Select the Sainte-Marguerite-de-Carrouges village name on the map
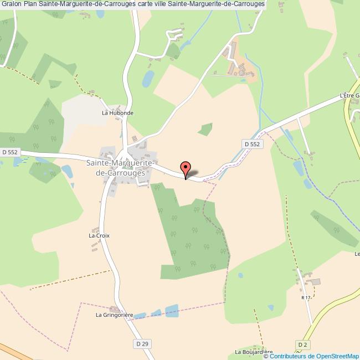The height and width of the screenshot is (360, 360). pos(116,168)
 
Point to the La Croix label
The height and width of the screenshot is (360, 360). pos(100,235)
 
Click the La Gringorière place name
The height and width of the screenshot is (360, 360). pos(115,316)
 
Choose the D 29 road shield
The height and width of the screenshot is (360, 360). pos(142,344)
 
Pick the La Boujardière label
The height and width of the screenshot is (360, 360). pos(254,352)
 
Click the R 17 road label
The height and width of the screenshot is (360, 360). pos(305,297)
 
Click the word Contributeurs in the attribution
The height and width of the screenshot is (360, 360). pos(289,356)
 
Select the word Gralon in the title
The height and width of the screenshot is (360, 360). pos(11,4)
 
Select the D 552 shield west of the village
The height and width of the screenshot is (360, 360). pos(10,152)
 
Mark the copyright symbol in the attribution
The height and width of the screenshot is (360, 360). pos(266,356)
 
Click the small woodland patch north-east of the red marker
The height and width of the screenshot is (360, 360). pos(206,129)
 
